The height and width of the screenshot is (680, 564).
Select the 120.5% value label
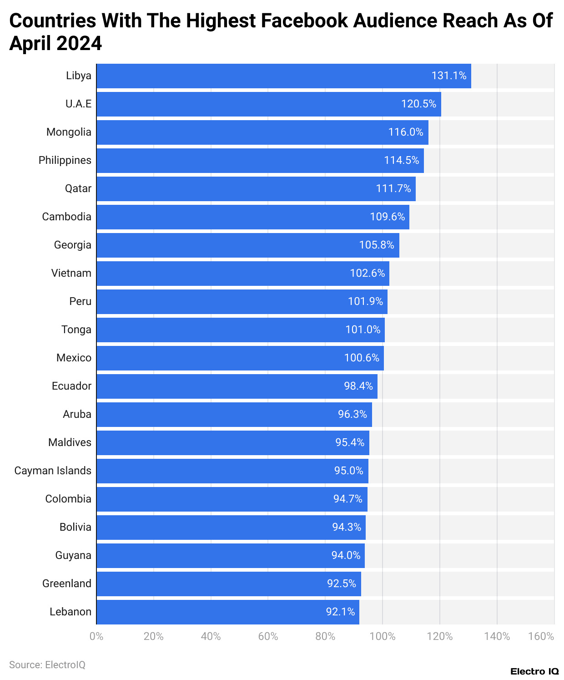tap(418, 104)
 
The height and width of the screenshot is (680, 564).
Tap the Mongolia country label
tap(69, 132)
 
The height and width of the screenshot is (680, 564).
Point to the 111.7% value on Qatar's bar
tap(393, 188)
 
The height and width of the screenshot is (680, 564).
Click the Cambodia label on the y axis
tap(66, 217)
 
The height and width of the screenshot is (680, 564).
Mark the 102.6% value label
tap(367, 273)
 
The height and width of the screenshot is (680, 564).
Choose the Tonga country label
tap(76, 330)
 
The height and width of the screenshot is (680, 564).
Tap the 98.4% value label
tap(358, 386)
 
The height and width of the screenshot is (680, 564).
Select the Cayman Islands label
tap(53, 471)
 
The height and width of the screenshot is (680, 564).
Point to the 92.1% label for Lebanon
tap(340, 612)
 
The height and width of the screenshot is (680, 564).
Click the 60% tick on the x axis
tap(268, 636)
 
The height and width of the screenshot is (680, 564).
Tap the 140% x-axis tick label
tap(497, 636)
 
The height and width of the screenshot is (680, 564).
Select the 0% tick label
tap(96, 636)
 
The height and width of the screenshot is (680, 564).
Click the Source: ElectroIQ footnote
tap(47, 665)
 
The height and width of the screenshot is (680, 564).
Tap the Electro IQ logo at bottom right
tap(534, 671)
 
